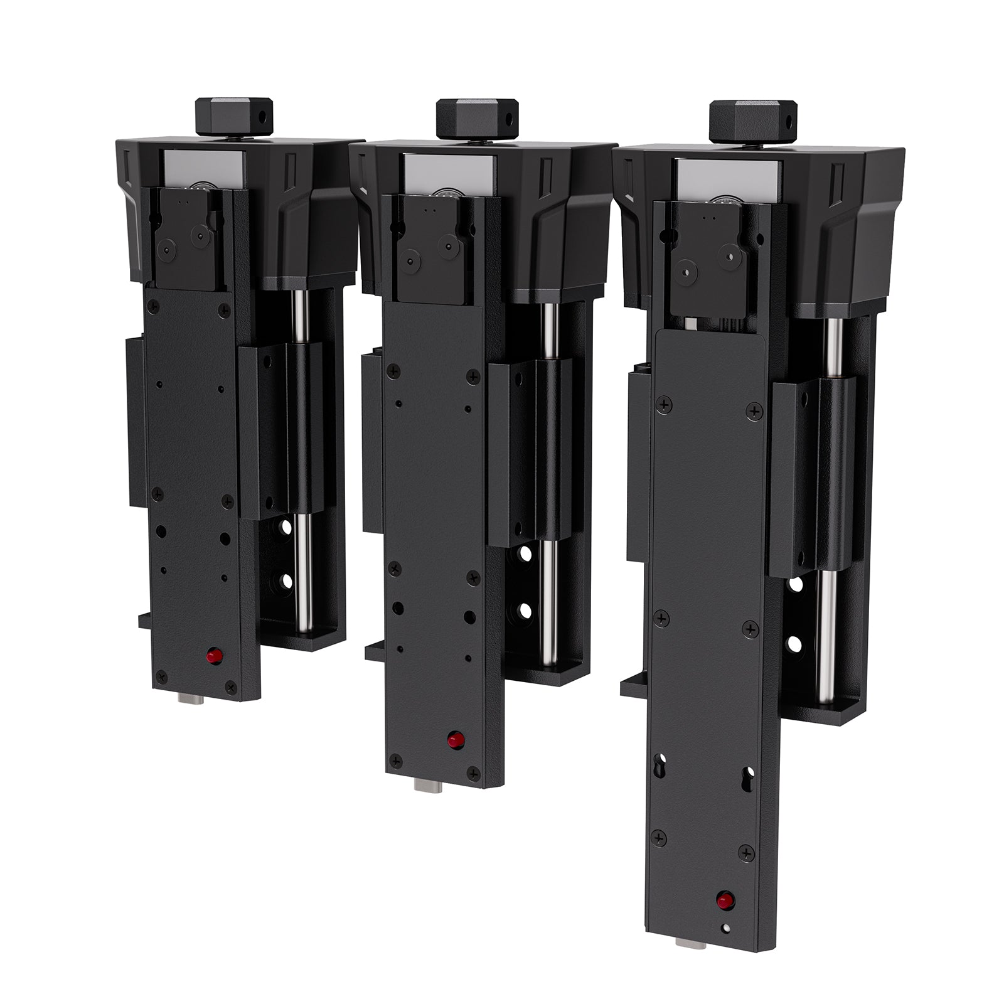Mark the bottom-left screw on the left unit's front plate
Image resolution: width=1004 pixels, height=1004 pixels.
click(x=161, y=675)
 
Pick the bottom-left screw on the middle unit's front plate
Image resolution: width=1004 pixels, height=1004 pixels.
click(x=395, y=761)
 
